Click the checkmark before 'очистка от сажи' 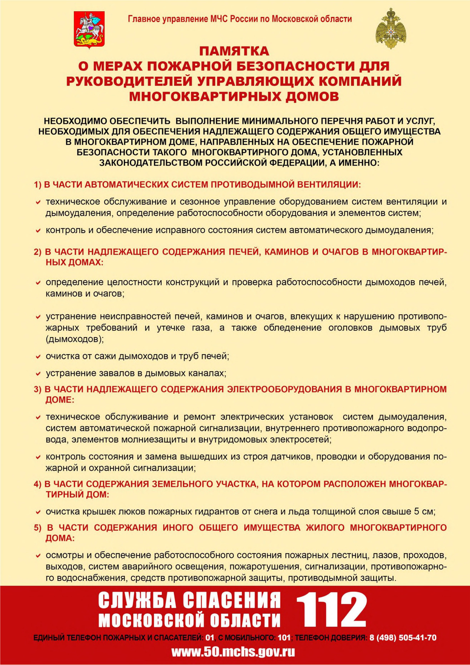point(38,357)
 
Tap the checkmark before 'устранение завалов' point(38,374)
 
